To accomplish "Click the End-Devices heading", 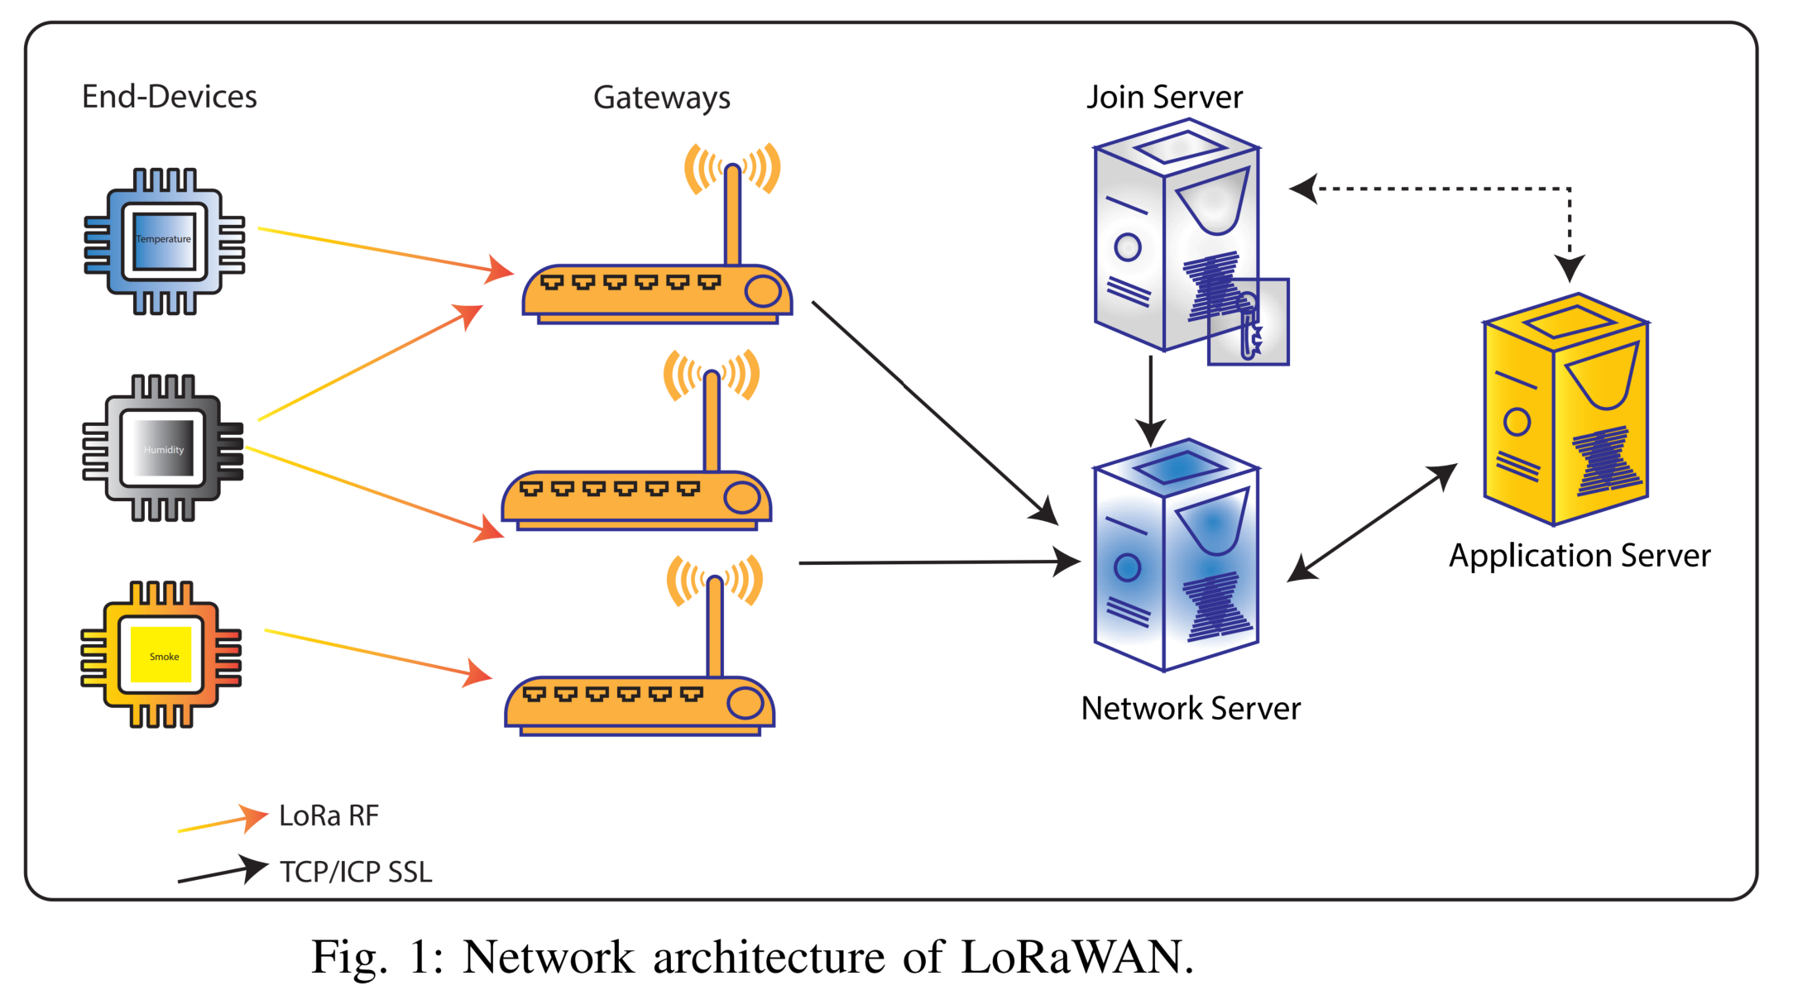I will pos(169,97).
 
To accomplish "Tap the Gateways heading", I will pos(661,98).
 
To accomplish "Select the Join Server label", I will pos(1164,97).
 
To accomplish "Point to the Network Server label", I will pos(1190,708).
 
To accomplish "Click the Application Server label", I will pos(1579,555).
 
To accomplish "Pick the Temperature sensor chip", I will pos(164,241).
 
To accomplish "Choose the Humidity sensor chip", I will pos(163,448).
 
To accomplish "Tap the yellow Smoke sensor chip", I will pos(161,654).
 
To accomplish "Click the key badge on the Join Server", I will pos(1249,323).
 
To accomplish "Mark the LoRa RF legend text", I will pos(328,815).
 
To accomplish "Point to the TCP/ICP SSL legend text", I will pos(356,872).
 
